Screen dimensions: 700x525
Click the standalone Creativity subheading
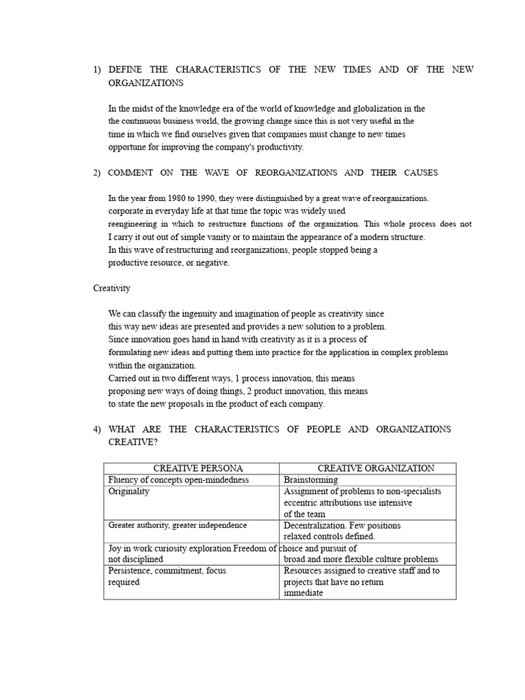pos(111,288)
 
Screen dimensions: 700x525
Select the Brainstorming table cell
pos(310,480)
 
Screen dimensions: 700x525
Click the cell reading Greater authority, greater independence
pos(178,525)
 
